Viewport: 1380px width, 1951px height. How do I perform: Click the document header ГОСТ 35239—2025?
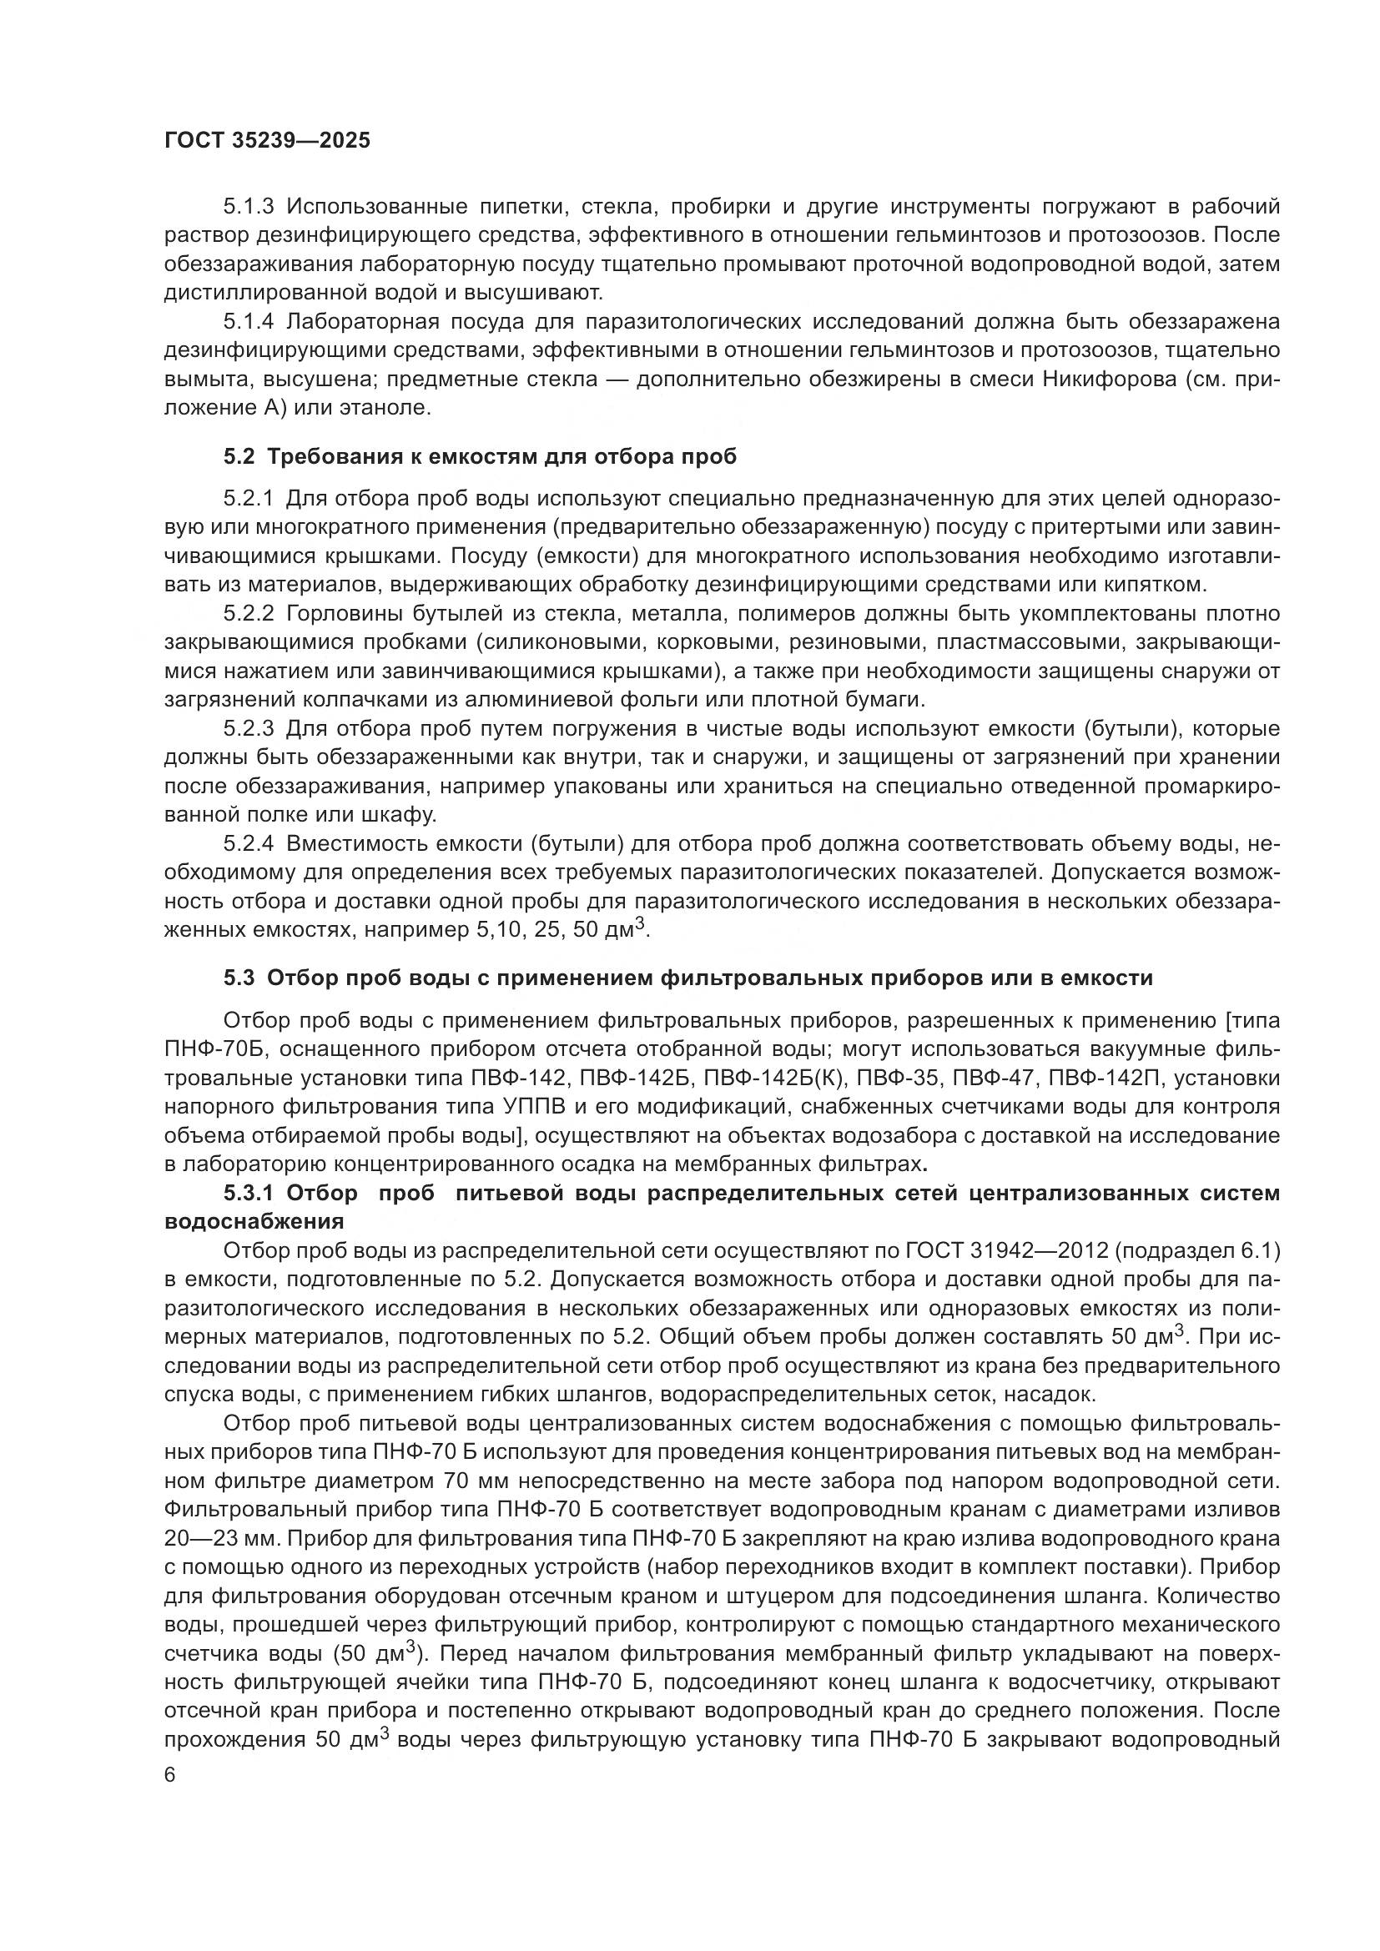[x=267, y=140]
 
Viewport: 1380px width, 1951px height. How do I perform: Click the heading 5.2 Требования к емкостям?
[x=479, y=457]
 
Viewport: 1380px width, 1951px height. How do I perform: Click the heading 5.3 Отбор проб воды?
[x=687, y=978]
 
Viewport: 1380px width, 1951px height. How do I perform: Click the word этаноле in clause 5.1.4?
[x=384, y=408]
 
